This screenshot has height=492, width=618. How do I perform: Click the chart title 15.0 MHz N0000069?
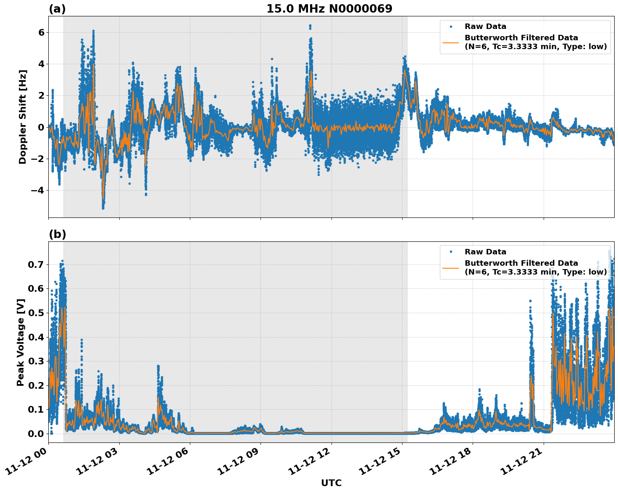coord(329,9)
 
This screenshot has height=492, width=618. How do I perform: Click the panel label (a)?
coord(57,9)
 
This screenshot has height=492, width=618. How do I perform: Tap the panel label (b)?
coord(58,234)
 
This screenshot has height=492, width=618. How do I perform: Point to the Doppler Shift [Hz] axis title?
coord(23,117)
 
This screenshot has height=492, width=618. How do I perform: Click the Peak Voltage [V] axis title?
coord(21,342)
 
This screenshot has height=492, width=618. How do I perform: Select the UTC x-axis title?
coord(331,483)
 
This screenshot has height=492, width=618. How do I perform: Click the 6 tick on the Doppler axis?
coord(41,32)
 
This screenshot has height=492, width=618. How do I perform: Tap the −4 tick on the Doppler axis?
coord(38,190)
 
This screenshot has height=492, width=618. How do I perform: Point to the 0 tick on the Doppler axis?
coord(41,127)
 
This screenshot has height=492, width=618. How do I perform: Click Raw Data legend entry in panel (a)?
coord(485,26)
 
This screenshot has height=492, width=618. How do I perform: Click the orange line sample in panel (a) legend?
coord(451,42)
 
